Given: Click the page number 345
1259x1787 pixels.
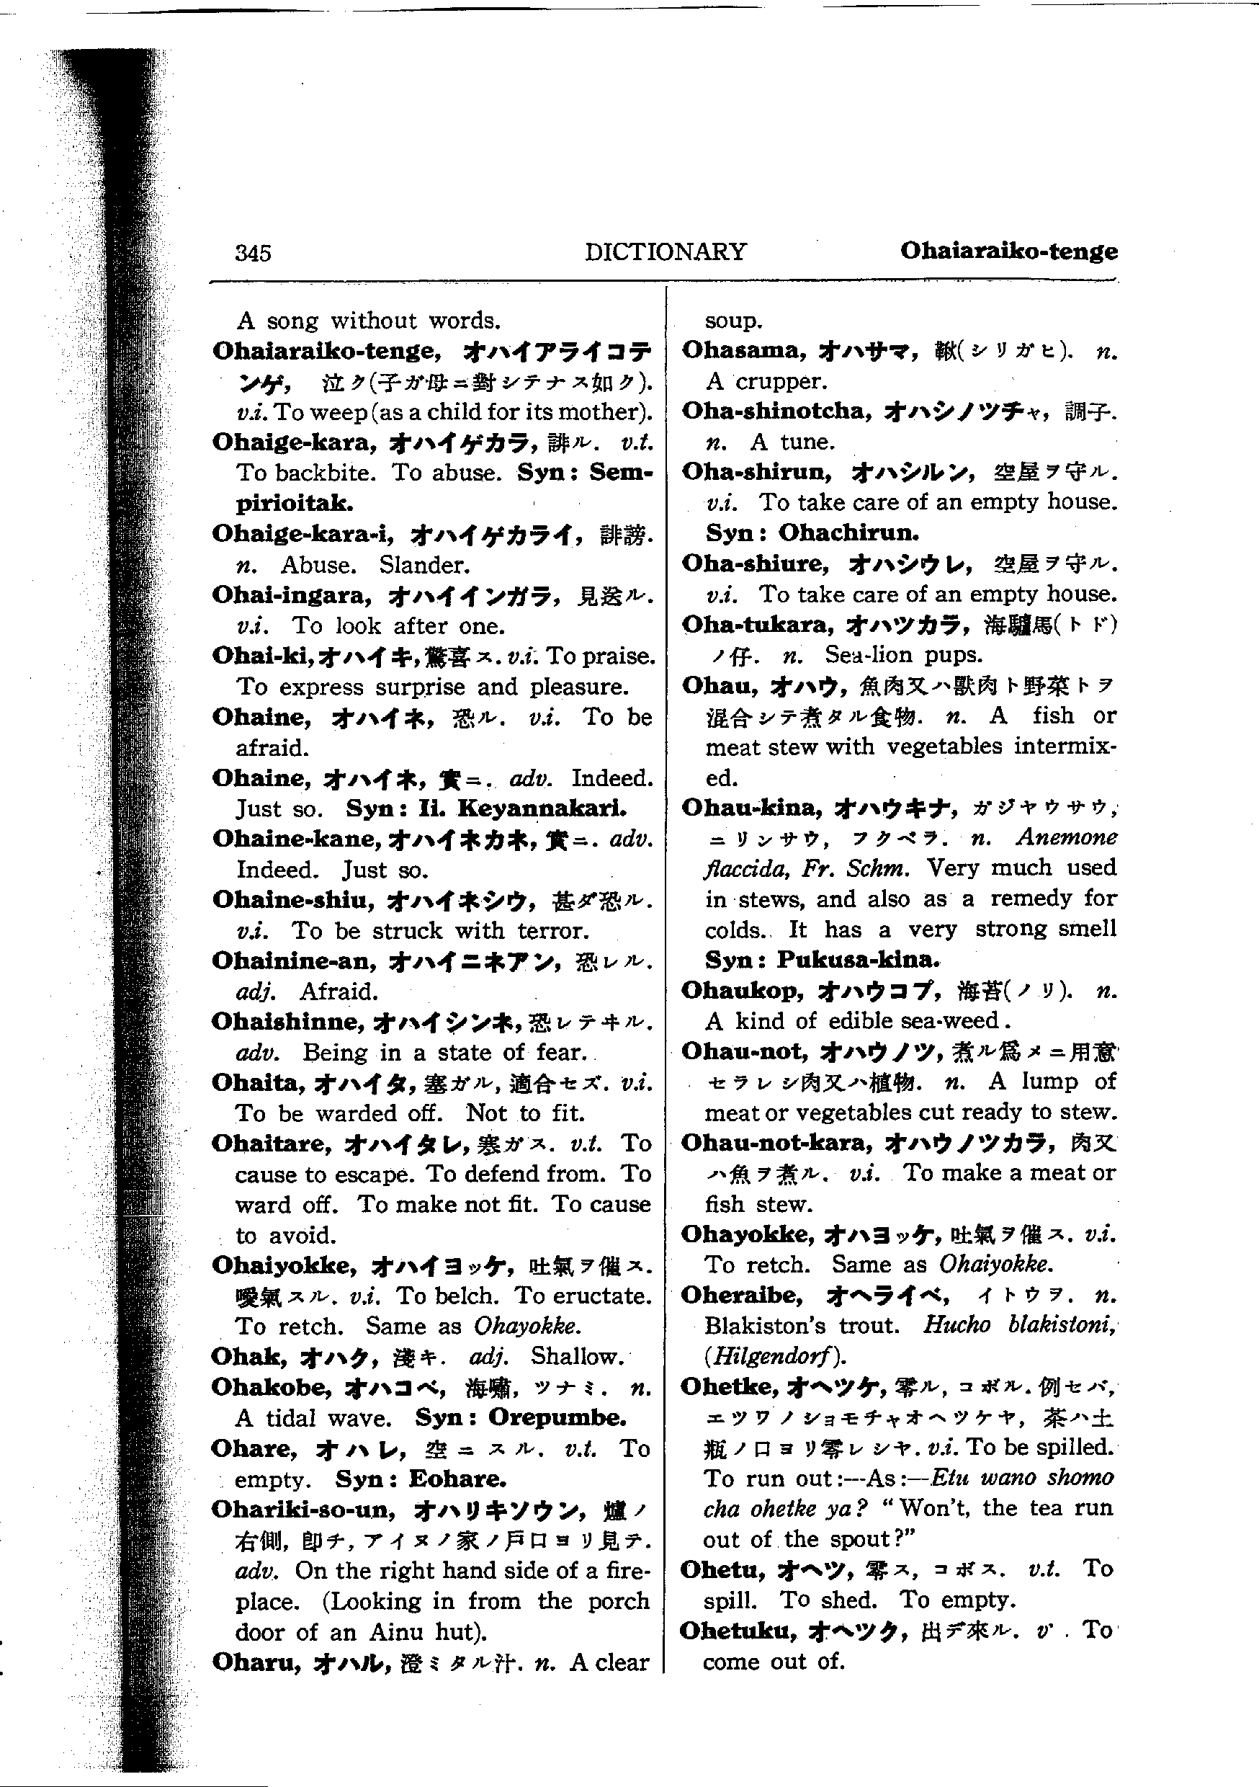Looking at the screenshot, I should pyautogui.click(x=253, y=253).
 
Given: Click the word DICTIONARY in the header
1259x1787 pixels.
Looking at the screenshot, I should pyautogui.click(x=666, y=251).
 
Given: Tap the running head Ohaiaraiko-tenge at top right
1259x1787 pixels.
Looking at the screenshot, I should pyautogui.click(x=1008, y=251).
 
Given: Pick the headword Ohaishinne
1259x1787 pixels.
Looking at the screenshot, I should pyautogui.click(x=288, y=1022).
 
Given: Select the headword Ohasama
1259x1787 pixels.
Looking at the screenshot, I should pyautogui.click(x=745, y=350).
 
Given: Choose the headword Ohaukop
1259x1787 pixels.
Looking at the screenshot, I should pyautogui.click(x=743, y=991).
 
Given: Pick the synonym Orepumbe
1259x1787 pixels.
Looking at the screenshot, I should pyautogui.click(x=557, y=1418).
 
